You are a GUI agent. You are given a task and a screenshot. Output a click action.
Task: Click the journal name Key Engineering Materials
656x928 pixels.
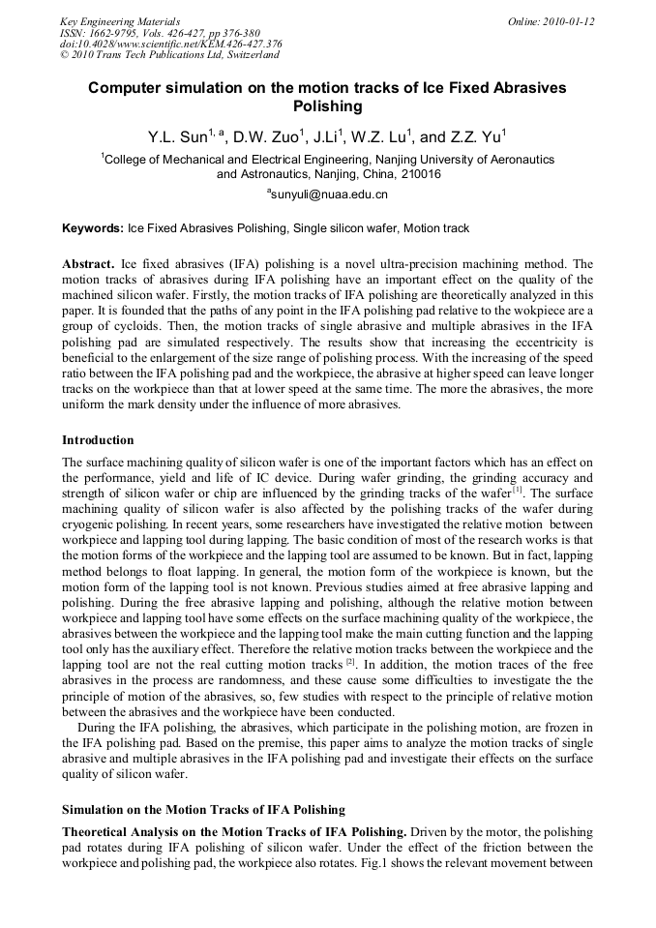[x=120, y=21]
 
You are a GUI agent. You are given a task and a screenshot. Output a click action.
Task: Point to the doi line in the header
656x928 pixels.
[x=170, y=45]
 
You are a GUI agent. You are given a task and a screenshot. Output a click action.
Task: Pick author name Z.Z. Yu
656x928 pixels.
[x=475, y=137]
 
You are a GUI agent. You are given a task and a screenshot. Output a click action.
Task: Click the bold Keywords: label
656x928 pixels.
[x=93, y=229]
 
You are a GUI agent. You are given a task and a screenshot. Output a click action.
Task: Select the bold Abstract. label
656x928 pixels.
[x=88, y=264]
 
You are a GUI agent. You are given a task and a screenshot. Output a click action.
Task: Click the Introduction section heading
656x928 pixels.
[x=98, y=440]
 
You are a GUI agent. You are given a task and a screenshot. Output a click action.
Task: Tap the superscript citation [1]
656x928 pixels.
[x=519, y=491]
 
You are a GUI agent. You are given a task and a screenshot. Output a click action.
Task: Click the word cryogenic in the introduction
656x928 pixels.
[x=90, y=524]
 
